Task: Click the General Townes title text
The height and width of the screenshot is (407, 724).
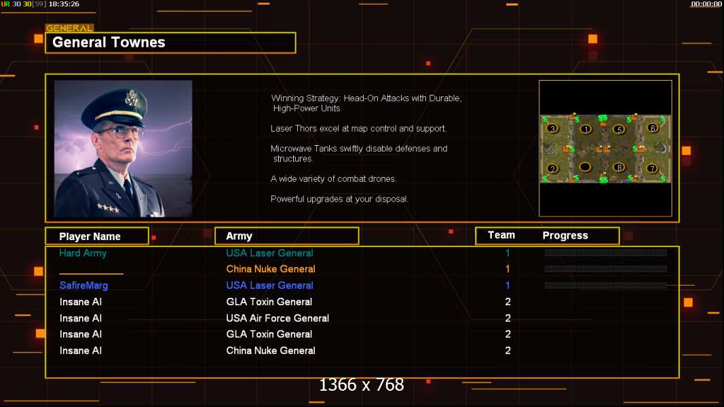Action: coord(109,42)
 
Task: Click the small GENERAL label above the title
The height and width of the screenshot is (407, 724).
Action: coord(69,28)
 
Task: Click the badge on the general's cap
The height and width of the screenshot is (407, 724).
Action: coord(132,98)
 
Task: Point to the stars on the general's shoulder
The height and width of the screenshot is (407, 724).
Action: coord(107,208)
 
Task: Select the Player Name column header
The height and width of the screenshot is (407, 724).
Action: coord(90,236)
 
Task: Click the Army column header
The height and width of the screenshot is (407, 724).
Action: coord(239,236)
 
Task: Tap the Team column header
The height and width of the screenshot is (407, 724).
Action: coord(501,235)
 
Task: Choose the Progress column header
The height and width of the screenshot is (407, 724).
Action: coord(565,235)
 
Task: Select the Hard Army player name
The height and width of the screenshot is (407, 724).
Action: coord(83,253)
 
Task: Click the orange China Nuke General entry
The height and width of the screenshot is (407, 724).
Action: coord(271,269)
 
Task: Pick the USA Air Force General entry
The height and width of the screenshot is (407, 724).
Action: coord(278,318)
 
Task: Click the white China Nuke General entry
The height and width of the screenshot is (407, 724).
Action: coord(271,351)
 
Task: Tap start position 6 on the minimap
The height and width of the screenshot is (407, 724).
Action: coord(652,128)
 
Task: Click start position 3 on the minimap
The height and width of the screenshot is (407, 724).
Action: coord(553,128)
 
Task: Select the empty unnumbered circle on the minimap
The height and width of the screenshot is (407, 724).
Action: coord(585,167)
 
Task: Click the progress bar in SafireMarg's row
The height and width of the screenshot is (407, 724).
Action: coord(605,286)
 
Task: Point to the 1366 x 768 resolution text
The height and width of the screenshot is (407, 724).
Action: coord(362,385)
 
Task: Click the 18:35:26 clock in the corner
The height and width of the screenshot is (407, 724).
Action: coord(64,4)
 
